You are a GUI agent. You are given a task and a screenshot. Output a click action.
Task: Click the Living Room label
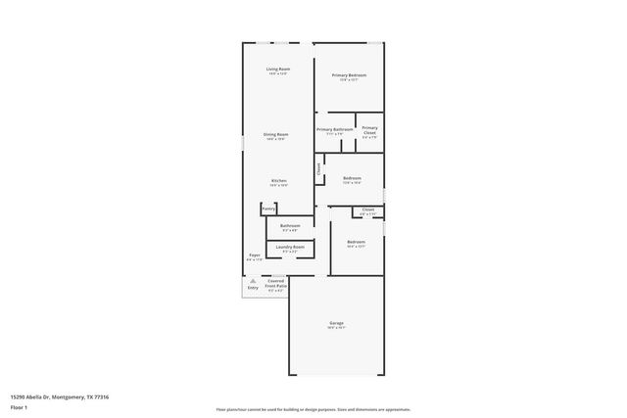278,70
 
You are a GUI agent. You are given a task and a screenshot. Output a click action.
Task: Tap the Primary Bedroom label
349,75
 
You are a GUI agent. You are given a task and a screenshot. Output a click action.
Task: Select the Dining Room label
275,134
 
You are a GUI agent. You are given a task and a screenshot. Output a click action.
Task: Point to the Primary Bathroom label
335,129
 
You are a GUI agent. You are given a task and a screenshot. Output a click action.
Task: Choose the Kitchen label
278,181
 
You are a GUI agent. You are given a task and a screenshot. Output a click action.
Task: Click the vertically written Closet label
319,169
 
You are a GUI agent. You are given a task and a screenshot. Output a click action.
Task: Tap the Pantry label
268,209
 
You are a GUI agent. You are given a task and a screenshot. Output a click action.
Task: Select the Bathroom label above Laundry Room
290,226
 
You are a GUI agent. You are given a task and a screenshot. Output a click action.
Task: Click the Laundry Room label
290,248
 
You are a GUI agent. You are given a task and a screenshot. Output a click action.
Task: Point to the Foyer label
254,255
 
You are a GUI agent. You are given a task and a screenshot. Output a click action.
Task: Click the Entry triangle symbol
253,281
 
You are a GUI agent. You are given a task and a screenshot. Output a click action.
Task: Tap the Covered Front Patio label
276,285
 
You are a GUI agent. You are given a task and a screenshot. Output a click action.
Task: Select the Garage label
336,323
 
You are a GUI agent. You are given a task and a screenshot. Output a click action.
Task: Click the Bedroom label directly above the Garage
356,242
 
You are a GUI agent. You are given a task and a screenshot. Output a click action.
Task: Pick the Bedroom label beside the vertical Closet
353,178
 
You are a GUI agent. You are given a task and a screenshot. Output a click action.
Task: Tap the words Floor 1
20,407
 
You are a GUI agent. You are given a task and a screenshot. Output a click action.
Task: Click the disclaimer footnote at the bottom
313,409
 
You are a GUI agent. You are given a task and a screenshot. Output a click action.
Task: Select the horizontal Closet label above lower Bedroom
368,209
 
